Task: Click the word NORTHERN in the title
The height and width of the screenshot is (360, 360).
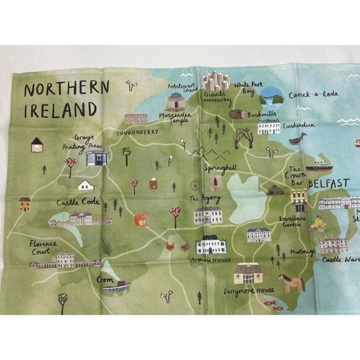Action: coord(65,88)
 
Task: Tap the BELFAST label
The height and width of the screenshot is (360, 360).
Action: coord(328,184)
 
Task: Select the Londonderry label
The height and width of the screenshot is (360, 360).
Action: coord(137,132)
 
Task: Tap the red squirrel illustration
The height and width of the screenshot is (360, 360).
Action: coord(141,217)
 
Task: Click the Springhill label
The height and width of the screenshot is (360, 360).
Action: coord(220,168)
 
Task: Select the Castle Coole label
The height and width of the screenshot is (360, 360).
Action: coord(78,202)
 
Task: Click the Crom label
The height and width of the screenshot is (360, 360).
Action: coord(104,280)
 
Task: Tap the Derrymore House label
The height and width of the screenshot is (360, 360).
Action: coord(248,290)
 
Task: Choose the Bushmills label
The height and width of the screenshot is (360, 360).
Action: coord(261,115)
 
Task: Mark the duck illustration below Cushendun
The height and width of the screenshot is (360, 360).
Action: coord(298,139)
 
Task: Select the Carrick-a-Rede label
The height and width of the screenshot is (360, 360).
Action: coord(313,94)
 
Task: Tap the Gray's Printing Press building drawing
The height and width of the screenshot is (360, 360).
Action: coord(96,158)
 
